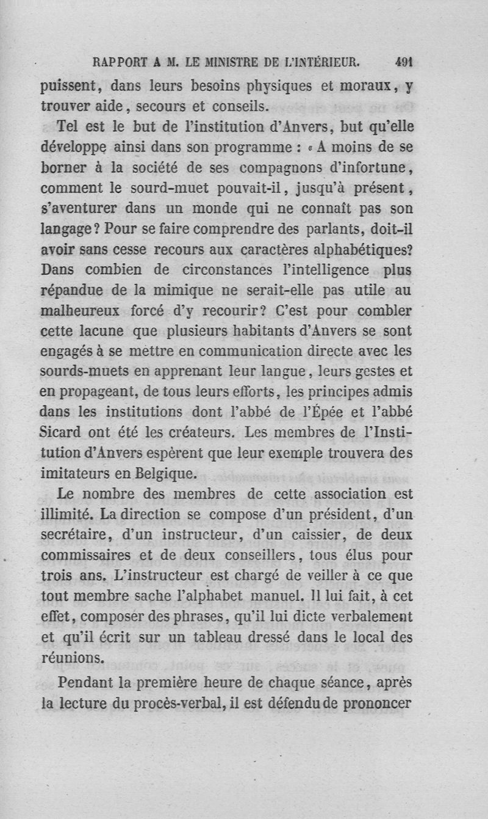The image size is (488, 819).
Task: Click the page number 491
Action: [x=404, y=61]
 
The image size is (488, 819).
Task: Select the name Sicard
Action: [x=63, y=433]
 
